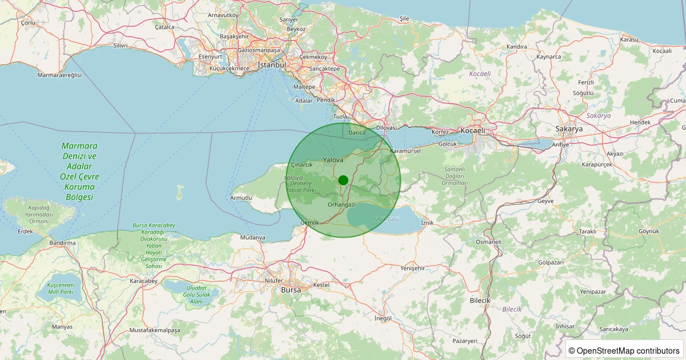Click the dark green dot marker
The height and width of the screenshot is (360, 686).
pyautogui.click(x=343, y=180)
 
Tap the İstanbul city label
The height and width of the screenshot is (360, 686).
pyautogui.click(x=272, y=65)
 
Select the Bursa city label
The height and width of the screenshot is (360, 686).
pyautogui.click(x=291, y=290)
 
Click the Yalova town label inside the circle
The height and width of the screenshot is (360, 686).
pyautogui.click(x=333, y=160)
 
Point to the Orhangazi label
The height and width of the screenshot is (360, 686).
pyautogui.click(x=342, y=205)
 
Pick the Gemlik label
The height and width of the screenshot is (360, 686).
pyautogui.click(x=309, y=222)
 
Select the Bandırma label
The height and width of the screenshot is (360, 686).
pyautogui.click(x=62, y=243)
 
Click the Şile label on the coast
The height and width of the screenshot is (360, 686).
pyautogui.click(x=405, y=19)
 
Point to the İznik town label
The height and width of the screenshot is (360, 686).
pyautogui.click(x=428, y=222)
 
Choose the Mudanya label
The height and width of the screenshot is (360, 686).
pyautogui.click(x=253, y=237)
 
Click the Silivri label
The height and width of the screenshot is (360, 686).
pyautogui.click(x=120, y=45)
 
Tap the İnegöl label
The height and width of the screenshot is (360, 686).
pyautogui.click(x=382, y=318)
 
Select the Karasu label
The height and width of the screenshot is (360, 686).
pyautogui.click(x=629, y=39)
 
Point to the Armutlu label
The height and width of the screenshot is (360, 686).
pyautogui.click(x=241, y=198)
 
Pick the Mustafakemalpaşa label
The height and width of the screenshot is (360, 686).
pyautogui.click(x=155, y=330)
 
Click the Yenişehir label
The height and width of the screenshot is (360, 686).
pyautogui.click(x=413, y=268)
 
